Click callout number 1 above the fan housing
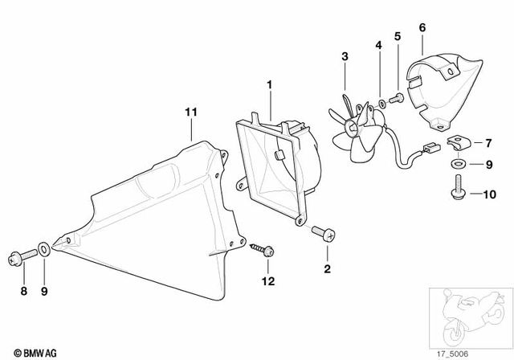(270, 84)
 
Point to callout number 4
(379, 46)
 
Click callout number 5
(397, 36)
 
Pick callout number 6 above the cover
(422, 28)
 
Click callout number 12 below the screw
(270, 281)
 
